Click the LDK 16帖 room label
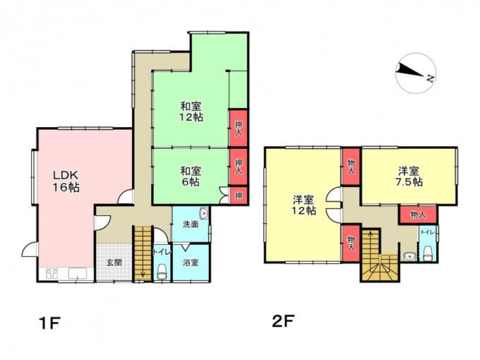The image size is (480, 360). point(66,181)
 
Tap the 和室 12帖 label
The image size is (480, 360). point(191,112)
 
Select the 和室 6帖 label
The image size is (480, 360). point(191,176)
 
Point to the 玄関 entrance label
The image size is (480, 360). point(114,263)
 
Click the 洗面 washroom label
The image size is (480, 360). point(191,224)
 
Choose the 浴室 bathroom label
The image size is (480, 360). point(191,263)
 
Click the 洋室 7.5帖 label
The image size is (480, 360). point(409,176)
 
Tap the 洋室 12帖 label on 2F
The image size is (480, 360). point(304,205)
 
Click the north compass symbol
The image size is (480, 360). point(415,73)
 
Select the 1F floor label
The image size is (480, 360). point(49,323)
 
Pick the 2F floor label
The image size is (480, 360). point(283,321)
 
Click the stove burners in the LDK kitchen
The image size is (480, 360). point(52,273)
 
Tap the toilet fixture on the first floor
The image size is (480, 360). point(162,271)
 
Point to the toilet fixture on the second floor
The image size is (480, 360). point(427,254)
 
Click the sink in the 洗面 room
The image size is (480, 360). point(203,212)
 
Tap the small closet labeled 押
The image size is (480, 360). point(239,196)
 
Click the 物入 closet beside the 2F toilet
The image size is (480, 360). point(418,215)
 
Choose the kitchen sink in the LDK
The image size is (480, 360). point(77,273)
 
